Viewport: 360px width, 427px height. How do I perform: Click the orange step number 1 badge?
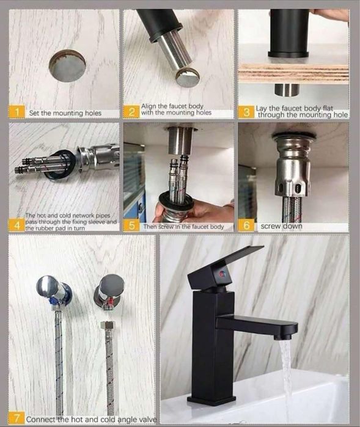click(x=17, y=112)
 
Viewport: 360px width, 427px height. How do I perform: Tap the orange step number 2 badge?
click(x=131, y=112)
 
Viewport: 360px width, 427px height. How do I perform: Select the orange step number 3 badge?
click(x=246, y=112)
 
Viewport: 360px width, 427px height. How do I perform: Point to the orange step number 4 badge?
click(x=17, y=225)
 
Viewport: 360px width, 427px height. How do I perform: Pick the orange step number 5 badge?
click(x=131, y=225)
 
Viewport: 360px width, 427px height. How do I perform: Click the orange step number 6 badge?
click(x=246, y=225)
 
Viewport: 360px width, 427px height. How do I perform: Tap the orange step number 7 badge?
click(x=17, y=418)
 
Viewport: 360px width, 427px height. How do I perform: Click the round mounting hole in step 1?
click(x=67, y=65)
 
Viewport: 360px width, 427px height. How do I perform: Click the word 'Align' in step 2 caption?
click(x=149, y=106)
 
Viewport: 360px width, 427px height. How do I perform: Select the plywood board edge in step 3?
click(x=293, y=73)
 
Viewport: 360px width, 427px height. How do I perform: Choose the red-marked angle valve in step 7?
click(x=109, y=291)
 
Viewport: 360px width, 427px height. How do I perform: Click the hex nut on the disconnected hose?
click(x=108, y=326)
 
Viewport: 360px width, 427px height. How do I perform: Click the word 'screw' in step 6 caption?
click(x=270, y=226)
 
